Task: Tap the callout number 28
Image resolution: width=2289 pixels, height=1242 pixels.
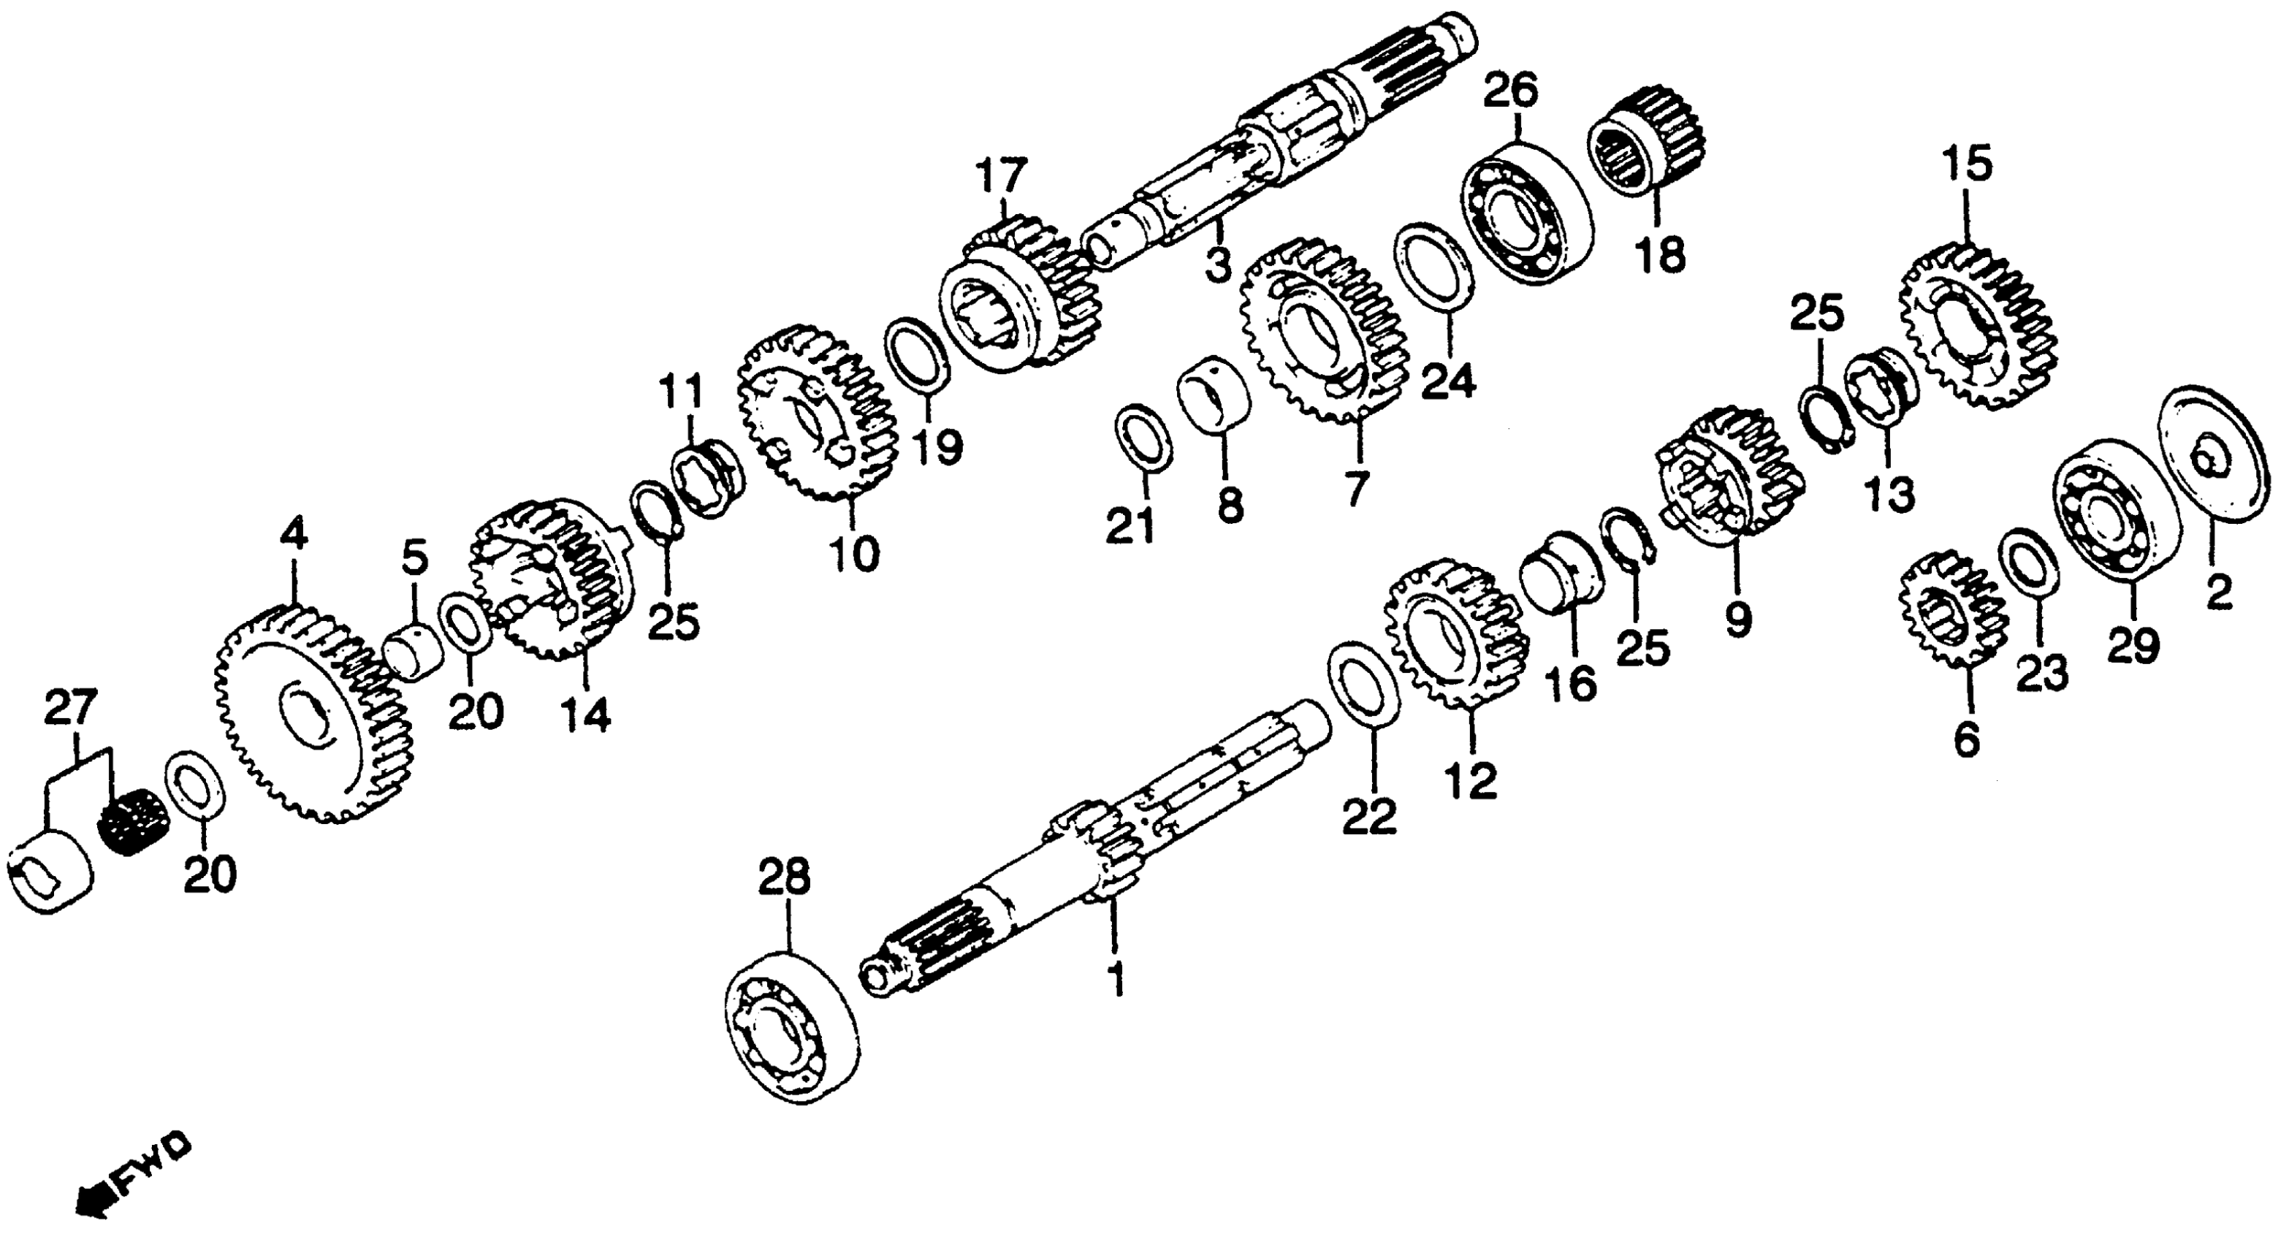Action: coord(785,877)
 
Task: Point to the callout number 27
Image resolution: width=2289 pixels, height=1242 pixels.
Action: coord(70,711)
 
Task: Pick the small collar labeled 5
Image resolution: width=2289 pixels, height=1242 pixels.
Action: coord(414,654)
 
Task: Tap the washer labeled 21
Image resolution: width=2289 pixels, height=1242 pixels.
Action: coord(1143,436)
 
